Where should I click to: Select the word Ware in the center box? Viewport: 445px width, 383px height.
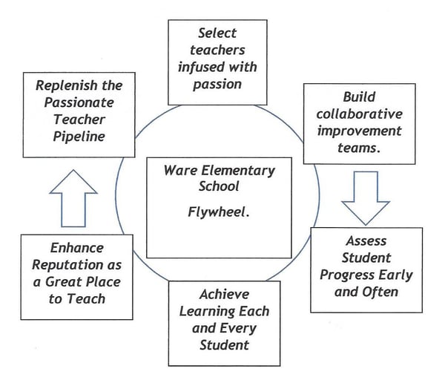(179, 171)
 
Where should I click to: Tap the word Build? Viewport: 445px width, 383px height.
(359, 97)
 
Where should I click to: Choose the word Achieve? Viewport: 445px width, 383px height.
(224, 295)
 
